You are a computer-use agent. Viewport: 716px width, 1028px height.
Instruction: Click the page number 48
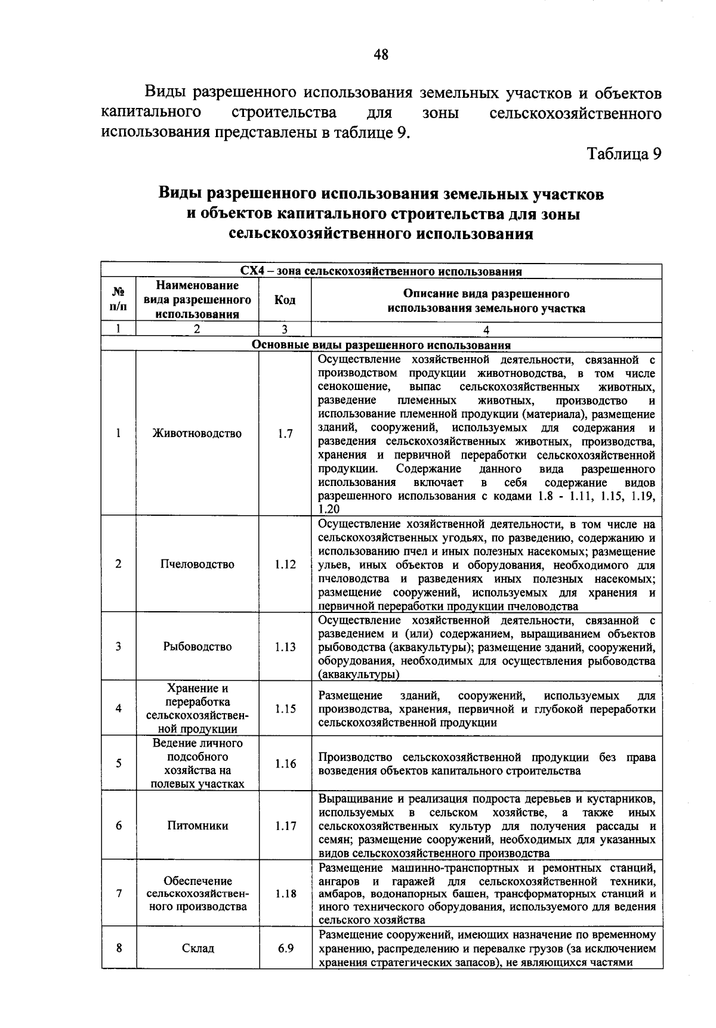click(x=381, y=55)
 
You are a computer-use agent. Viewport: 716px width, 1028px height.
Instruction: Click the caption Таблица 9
click(x=624, y=154)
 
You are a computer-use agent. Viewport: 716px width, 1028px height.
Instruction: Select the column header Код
click(x=285, y=301)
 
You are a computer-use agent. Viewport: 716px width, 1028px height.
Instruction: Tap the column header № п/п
click(x=119, y=300)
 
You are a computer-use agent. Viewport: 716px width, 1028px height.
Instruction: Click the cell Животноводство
click(x=197, y=434)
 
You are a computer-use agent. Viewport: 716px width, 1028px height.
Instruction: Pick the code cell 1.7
click(x=285, y=434)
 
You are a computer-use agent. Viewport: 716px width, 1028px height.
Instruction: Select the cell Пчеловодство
click(x=197, y=564)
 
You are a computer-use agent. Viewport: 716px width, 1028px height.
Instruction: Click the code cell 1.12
click(x=285, y=564)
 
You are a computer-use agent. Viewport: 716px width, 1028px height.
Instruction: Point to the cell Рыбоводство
click(x=197, y=646)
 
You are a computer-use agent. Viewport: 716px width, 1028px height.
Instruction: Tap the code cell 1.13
click(x=285, y=646)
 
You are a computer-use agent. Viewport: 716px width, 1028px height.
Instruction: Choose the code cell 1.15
click(x=285, y=709)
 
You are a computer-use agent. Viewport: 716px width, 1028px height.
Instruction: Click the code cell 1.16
click(x=285, y=763)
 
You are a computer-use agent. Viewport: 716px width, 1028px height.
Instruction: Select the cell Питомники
click(x=197, y=826)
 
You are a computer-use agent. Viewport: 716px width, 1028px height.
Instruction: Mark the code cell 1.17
click(x=285, y=826)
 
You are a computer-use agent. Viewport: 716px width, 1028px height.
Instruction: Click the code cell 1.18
click(x=285, y=894)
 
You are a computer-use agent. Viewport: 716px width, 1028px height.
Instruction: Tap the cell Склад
click(x=197, y=948)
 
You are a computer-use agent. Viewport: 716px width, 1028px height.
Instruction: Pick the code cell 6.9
click(x=285, y=948)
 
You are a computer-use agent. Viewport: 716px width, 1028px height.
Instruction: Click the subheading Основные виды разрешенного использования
click(x=381, y=345)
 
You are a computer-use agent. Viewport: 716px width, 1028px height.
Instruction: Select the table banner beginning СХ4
click(x=381, y=272)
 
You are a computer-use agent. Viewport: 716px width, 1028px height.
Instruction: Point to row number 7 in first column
click(x=119, y=894)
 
